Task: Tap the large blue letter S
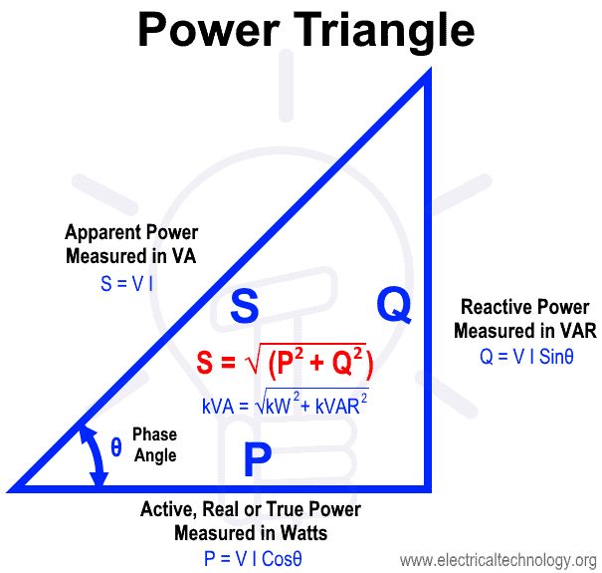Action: click(x=245, y=308)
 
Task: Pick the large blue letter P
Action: click(x=258, y=459)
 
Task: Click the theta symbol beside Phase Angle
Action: click(x=116, y=447)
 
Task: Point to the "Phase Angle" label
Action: click(x=154, y=445)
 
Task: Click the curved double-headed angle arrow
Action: click(x=93, y=453)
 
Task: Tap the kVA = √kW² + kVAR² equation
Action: click(x=285, y=405)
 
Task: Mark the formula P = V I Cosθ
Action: click(x=253, y=558)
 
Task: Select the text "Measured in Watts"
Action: click(x=251, y=533)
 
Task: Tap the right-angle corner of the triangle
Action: click(x=427, y=487)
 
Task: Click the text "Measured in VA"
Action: click(x=131, y=256)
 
